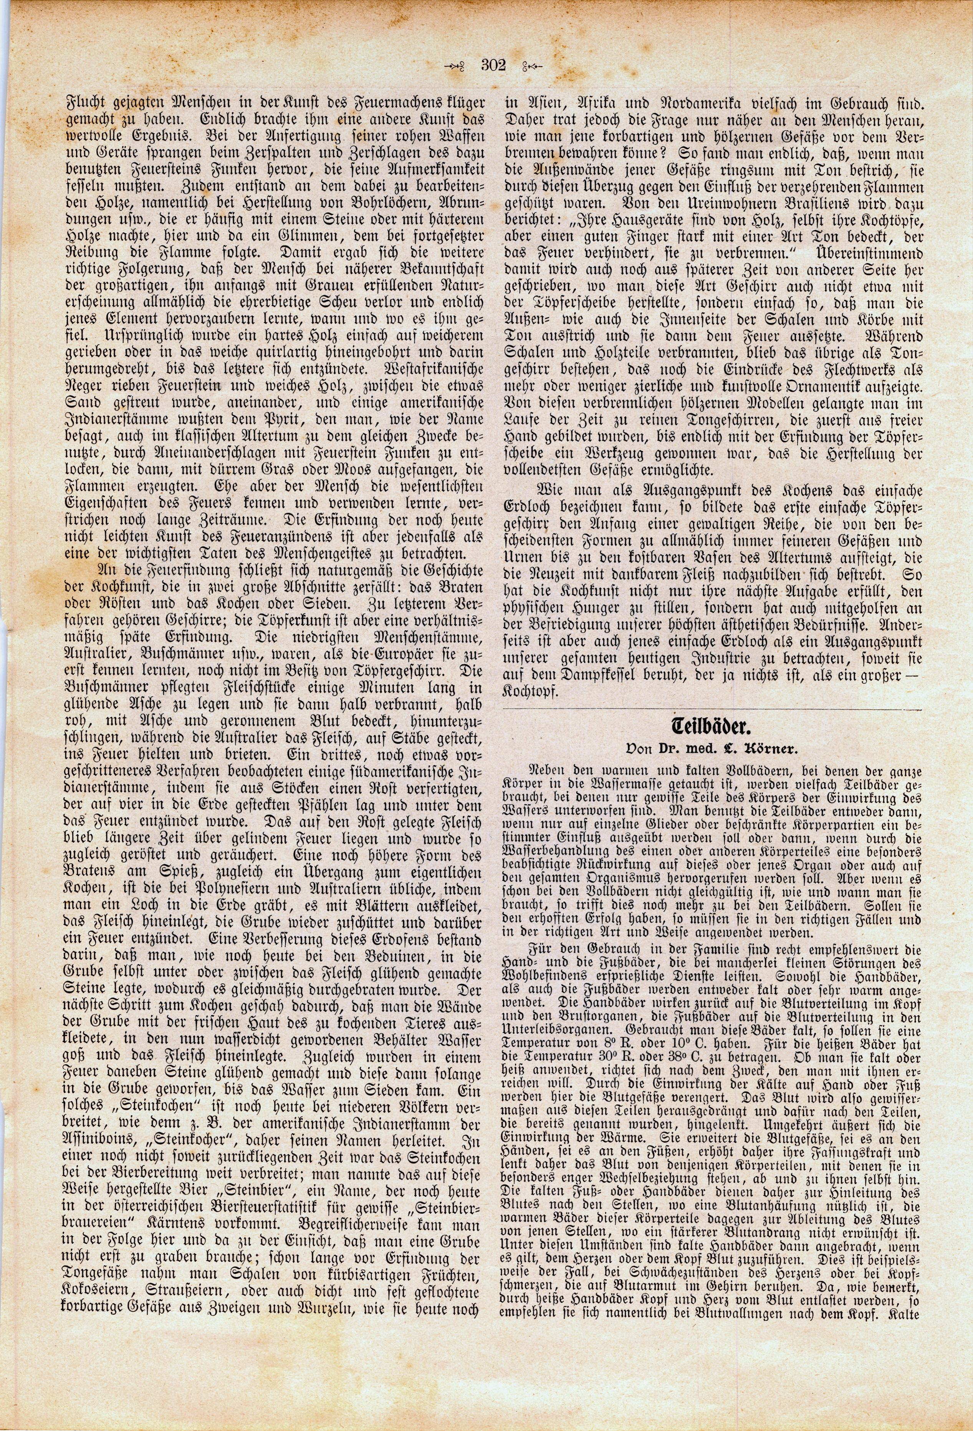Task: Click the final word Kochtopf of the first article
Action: [x=530, y=692]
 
